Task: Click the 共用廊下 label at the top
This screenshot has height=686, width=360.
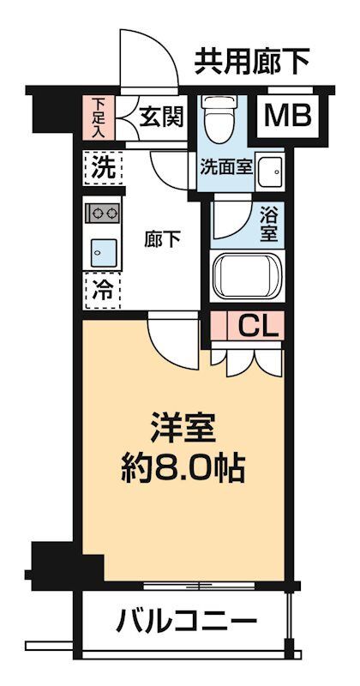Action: click(x=250, y=61)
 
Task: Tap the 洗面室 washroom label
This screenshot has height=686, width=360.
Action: click(x=226, y=166)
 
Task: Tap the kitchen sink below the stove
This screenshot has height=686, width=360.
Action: click(x=102, y=250)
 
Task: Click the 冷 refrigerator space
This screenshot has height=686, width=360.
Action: click(x=102, y=290)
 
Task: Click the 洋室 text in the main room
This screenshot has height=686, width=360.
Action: click(x=181, y=426)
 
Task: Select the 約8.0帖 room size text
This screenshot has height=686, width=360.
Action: click(x=182, y=467)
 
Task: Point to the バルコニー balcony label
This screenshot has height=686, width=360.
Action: click(x=186, y=620)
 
